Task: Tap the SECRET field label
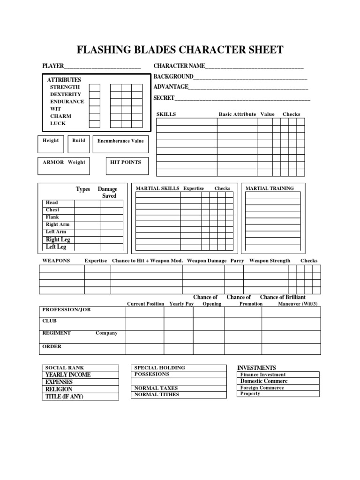click(x=164, y=98)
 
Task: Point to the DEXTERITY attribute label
click(x=66, y=94)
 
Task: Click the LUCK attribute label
click(x=58, y=123)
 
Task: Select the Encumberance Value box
click(x=120, y=144)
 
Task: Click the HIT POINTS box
click(x=127, y=166)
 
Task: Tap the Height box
click(x=51, y=144)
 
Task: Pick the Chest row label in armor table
click(x=52, y=210)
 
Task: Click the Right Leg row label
click(x=58, y=240)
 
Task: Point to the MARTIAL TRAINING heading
click(x=270, y=188)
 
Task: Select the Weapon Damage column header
click(x=207, y=261)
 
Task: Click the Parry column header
click(x=237, y=261)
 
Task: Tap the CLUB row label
click(x=49, y=321)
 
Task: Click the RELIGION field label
click(x=59, y=389)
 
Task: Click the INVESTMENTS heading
click(x=256, y=368)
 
